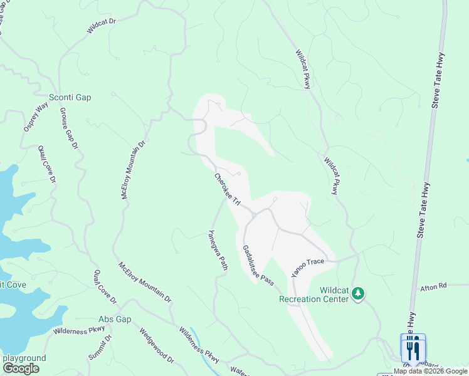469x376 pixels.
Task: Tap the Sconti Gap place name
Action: (x=70, y=98)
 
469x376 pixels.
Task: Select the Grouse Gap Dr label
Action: (x=68, y=128)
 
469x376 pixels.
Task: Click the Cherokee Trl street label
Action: (x=228, y=189)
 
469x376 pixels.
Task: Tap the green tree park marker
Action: (x=357, y=293)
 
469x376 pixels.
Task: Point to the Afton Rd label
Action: (x=433, y=286)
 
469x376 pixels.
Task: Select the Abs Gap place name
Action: (x=115, y=319)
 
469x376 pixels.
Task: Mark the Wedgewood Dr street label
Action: (x=156, y=345)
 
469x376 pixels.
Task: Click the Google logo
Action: (x=21, y=368)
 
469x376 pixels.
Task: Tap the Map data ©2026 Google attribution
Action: (x=431, y=371)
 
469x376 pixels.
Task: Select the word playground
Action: (x=24, y=358)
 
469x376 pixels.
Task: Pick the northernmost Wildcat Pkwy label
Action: (x=302, y=68)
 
